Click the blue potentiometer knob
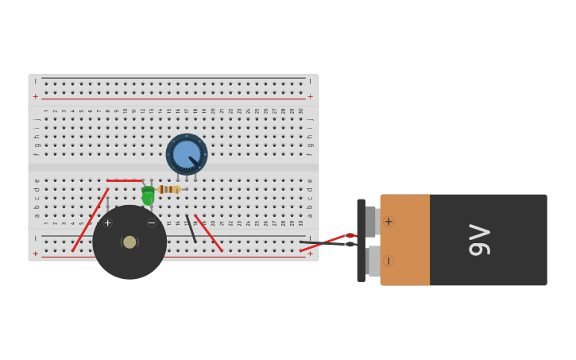(x=187, y=154)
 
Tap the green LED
(x=148, y=195)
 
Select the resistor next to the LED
(x=168, y=189)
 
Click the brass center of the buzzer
(x=130, y=242)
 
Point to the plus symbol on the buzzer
(x=108, y=223)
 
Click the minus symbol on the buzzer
(x=152, y=223)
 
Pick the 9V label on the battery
(x=479, y=239)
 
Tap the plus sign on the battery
(x=389, y=222)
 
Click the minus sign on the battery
(x=389, y=261)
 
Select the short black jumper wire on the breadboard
(x=191, y=229)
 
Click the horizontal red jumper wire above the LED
(x=124, y=180)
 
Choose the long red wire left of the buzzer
(x=90, y=220)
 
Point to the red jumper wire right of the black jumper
(x=209, y=234)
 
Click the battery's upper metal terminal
(x=371, y=222)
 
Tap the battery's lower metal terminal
(x=373, y=261)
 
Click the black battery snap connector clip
(x=361, y=240)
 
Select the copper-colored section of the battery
(x=405, y=240)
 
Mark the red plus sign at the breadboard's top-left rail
(x=35, y=96)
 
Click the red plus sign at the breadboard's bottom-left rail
(x=35, y=254)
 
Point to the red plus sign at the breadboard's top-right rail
(x=310, y=96)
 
